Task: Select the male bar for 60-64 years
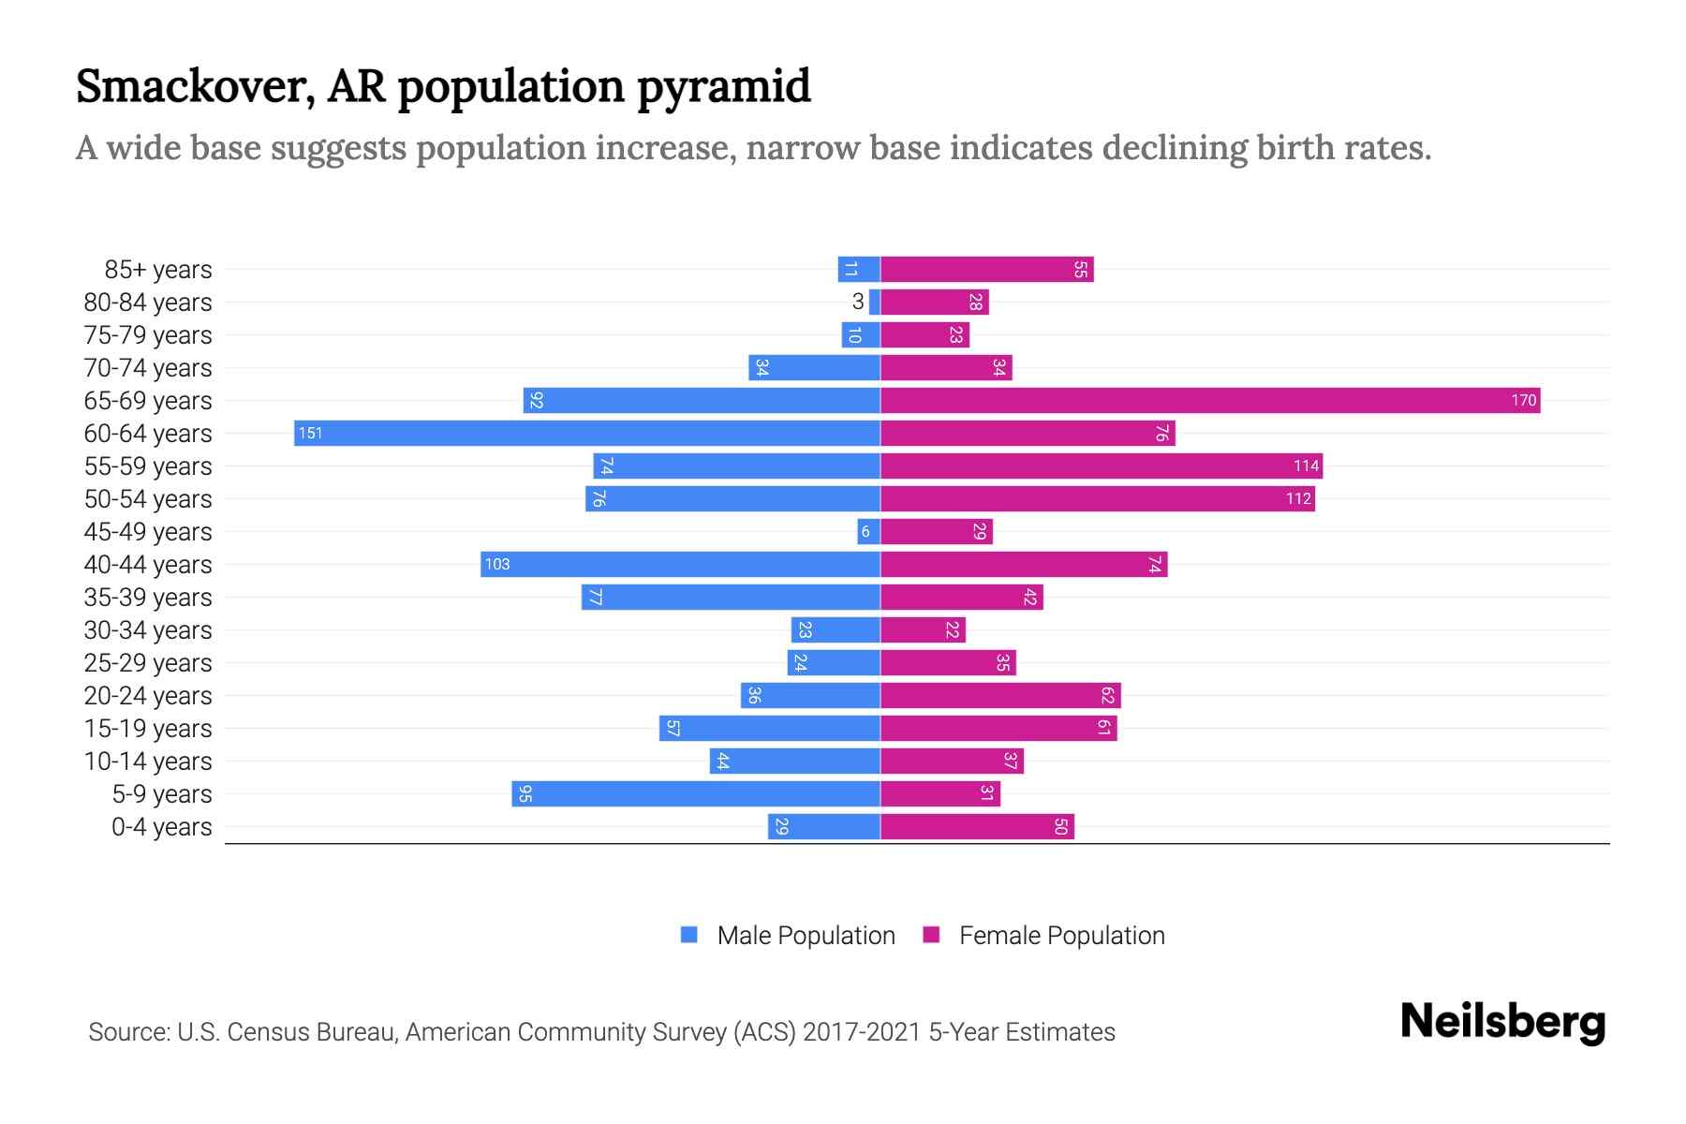(587, 434)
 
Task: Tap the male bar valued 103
(681, 565)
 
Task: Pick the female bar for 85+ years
(987, 270)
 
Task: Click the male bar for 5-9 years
(696, 794)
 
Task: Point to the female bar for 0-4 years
(977, 827)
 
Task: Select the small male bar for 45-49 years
(868, 532)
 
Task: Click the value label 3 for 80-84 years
(857, 302)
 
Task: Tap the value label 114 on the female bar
(1306, 466)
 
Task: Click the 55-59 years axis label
(148, 466)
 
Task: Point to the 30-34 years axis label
(148, 630)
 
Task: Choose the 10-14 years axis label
(148, 762)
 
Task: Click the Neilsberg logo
(1502, 1022)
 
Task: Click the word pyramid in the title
(723, 86)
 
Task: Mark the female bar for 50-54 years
(1098, 499)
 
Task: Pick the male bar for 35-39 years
(731, 598)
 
